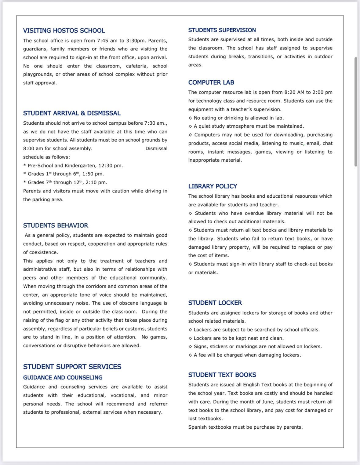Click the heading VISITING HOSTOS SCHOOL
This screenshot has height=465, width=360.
pyautogui.click(x=64, y=31)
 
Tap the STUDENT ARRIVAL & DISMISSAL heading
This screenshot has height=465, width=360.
pyautogui.click(x=72, y=113)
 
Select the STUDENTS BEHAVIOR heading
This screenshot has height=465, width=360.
pyautogui.click(x=56, y=225)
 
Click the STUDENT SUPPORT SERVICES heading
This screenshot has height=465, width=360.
pyautogui.click(x=72, y=367)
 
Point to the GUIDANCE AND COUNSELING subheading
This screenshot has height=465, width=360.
pyautogui.click(x=63, y=378)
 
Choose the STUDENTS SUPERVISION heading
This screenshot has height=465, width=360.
pyautogui.click(x=222, y=30)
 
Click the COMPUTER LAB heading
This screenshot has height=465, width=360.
pyautogui.click(x=211, y=82)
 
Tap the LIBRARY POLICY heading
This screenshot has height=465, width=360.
pyautogui.click(x=213, y=186)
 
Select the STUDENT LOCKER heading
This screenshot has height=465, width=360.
pyautogui.click(x=215, y=303)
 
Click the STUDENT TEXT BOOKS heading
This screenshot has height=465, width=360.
pyautogui.click(x=222, y=375)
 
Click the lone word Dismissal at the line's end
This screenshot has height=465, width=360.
pyautogui.click(x=156, y=148)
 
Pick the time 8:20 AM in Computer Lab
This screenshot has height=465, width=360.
pyautogui.click(x=294, y=92)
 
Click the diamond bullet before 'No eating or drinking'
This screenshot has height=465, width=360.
pyautogui.click(x=190, y=118)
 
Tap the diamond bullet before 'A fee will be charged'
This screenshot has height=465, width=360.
pyautogui.click(x=190, y=355)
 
